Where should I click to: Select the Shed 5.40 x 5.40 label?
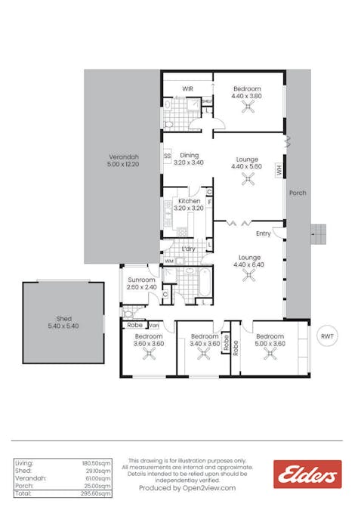[63, 323]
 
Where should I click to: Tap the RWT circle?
[326, 336]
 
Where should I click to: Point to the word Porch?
[298, 193]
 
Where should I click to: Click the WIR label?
[187, 88]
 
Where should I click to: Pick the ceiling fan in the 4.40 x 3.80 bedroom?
[247, 107]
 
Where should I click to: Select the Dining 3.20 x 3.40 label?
[188, 159]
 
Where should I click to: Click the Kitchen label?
[188, 201]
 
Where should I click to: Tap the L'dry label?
[188, 248]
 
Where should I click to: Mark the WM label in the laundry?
[169, 261]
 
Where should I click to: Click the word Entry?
[263, 233]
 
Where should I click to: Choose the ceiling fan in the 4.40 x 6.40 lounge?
[247, 277]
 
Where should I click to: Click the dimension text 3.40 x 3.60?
[204, 344]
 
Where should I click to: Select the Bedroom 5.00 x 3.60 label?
[269, 340]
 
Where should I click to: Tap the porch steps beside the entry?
[320, 234]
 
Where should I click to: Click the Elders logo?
[307, 474]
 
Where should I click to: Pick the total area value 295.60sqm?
[96, 493]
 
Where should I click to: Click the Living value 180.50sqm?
[96, 462]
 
